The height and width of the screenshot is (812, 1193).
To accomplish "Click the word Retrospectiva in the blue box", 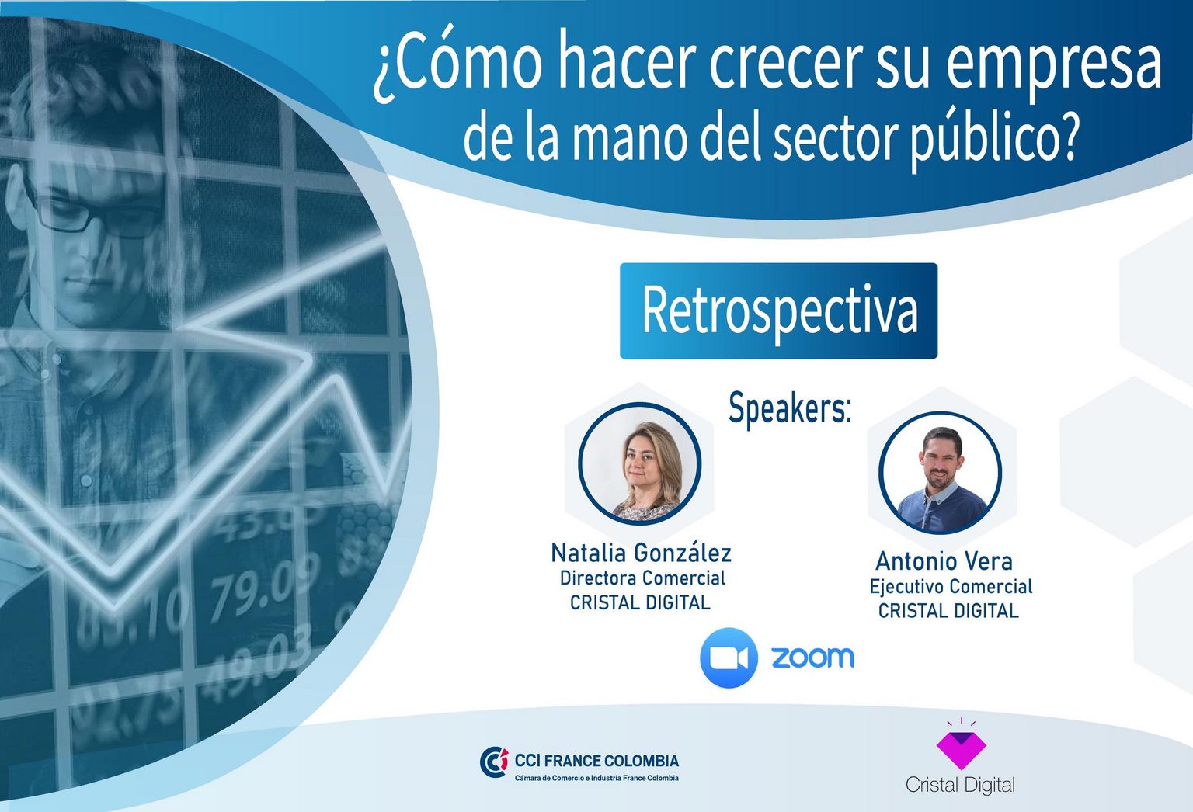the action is (780, 311).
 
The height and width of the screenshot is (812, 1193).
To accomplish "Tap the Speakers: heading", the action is (790, 409).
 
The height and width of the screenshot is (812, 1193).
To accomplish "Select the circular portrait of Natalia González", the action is (640, 463).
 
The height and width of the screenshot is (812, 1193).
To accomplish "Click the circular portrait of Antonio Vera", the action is (940, 473).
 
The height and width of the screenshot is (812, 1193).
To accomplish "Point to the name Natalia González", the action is (642, 553).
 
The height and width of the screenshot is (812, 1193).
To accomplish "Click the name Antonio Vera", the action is (944, 560).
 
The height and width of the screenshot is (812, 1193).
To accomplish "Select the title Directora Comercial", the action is (642, 578).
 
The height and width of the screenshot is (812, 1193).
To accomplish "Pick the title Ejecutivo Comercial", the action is (951, 587).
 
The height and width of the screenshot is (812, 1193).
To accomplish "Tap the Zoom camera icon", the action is (729, 658).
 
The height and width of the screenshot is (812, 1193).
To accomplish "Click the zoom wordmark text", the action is (812, 658).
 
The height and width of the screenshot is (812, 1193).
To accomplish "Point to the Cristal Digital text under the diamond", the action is (960, 784).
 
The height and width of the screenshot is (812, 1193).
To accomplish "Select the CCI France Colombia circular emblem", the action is (494, 762).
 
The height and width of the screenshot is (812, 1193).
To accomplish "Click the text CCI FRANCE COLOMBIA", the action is (596, 760).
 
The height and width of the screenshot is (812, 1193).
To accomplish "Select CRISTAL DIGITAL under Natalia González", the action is (640, 602).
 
